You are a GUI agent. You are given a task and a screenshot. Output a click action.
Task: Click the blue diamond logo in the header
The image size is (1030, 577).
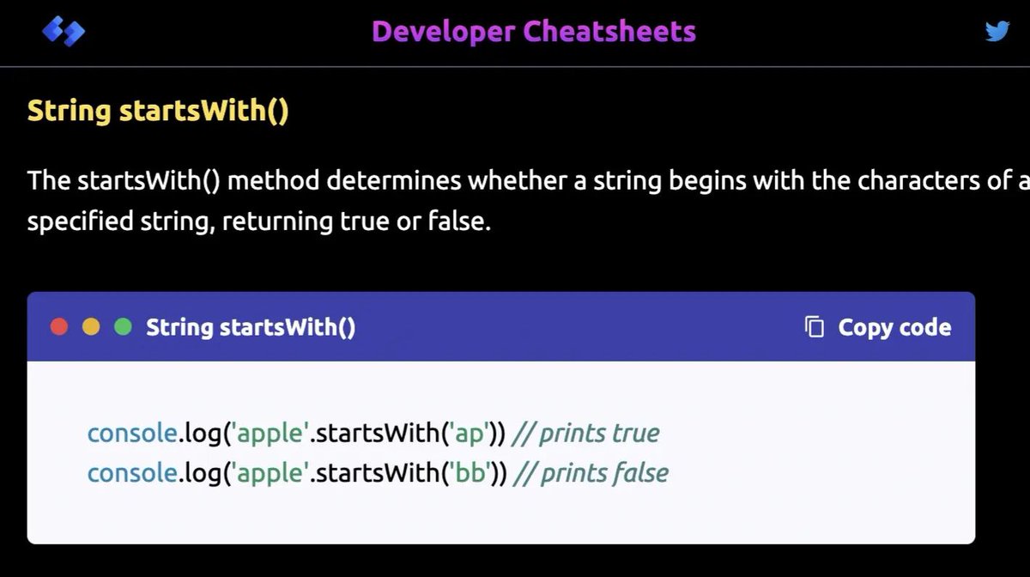[63, 33]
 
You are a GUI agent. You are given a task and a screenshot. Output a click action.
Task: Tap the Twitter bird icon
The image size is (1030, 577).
[997, 32]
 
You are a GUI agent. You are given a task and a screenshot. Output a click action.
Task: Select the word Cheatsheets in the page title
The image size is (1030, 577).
[609, 32]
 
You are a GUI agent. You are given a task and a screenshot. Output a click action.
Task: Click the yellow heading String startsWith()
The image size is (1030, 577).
[158, 112]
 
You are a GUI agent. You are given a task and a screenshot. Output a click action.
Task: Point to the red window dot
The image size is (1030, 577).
[59, 327]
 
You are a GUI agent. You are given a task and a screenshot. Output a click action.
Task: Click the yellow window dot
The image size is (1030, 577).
[91, 327]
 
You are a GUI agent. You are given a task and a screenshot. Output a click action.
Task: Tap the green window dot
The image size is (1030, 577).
[123, 327]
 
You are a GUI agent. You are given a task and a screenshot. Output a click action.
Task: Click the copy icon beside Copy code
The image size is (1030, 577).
[815, 327]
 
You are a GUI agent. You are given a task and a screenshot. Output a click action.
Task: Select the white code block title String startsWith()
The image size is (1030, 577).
[251, 327]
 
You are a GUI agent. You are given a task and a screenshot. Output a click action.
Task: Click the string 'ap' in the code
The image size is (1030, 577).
[470, 433]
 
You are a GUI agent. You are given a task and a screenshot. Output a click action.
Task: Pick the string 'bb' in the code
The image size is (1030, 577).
[470, 472]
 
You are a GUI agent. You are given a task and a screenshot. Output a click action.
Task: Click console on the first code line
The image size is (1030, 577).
[132, 433]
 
